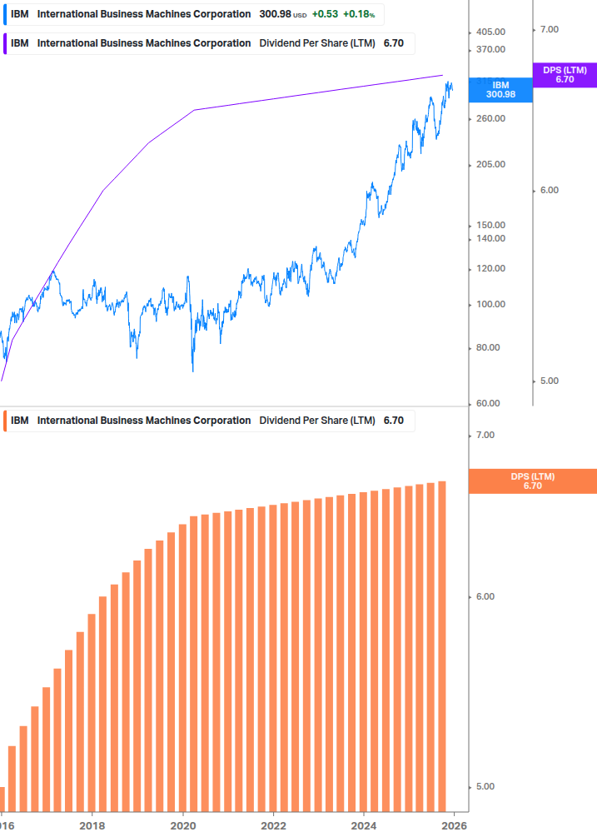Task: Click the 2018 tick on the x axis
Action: pyautogui.click(x=92, y=825)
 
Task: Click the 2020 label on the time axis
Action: pyautogui.click(x=182, y=825)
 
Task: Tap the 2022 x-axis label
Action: pyautogui.click(x=273, y=825)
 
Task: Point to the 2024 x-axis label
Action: pyautogui.click(x=364, y=825)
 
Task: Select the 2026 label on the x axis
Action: pyautogui.click(x=454, y=825)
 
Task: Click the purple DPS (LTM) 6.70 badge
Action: pyautogui.click(x=565, y=75)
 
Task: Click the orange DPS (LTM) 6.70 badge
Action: pyautogui.click(x=533, y=481)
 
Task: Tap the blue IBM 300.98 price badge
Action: pyautogui.click(x=500, y=90)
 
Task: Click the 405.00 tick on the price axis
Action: pyautogui.click(x=490, y=32)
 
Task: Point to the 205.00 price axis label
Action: pyautogui.click(x=490, y=164)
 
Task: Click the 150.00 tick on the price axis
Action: pyautogui.click(x=490, y=225)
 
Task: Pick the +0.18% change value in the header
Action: pyautogui.click(x=358, y=14)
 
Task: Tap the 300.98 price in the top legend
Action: pyautogui.click(x=275, y=14)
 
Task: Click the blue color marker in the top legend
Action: pyautogui.click(x=4, y=14)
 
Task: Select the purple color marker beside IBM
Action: pyautogui.click(x=4, y=43)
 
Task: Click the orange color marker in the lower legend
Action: pyautogui.click(x=4, y=421)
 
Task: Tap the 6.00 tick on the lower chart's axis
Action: pyautogui.click(x=485, y=596)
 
